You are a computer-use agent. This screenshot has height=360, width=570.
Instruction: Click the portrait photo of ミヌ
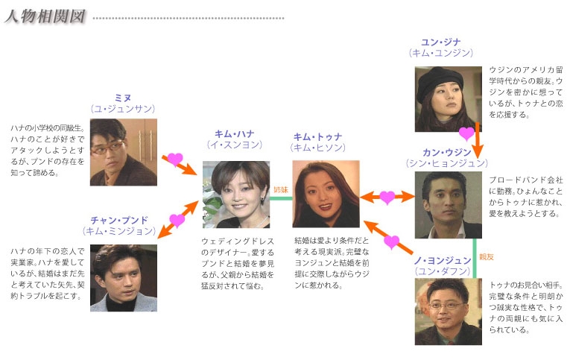point(123,152)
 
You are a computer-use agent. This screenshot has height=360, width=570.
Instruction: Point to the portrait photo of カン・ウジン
point(448,205)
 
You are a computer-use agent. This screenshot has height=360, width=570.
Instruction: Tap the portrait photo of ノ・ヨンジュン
point(448,312)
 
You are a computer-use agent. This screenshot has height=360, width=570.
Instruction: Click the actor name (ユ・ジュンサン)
point(123,109)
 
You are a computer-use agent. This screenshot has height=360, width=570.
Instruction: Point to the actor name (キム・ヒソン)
point(318,148)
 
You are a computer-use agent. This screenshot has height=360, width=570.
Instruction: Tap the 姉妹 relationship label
point(280,189)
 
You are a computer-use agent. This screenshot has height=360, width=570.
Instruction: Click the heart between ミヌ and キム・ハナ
point(174,159)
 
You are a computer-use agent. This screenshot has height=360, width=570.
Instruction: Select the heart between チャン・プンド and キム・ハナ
point(177,220)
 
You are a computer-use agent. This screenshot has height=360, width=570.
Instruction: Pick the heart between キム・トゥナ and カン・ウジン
point(387,197)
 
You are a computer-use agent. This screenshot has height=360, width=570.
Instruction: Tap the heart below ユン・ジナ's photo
point(466,133)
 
